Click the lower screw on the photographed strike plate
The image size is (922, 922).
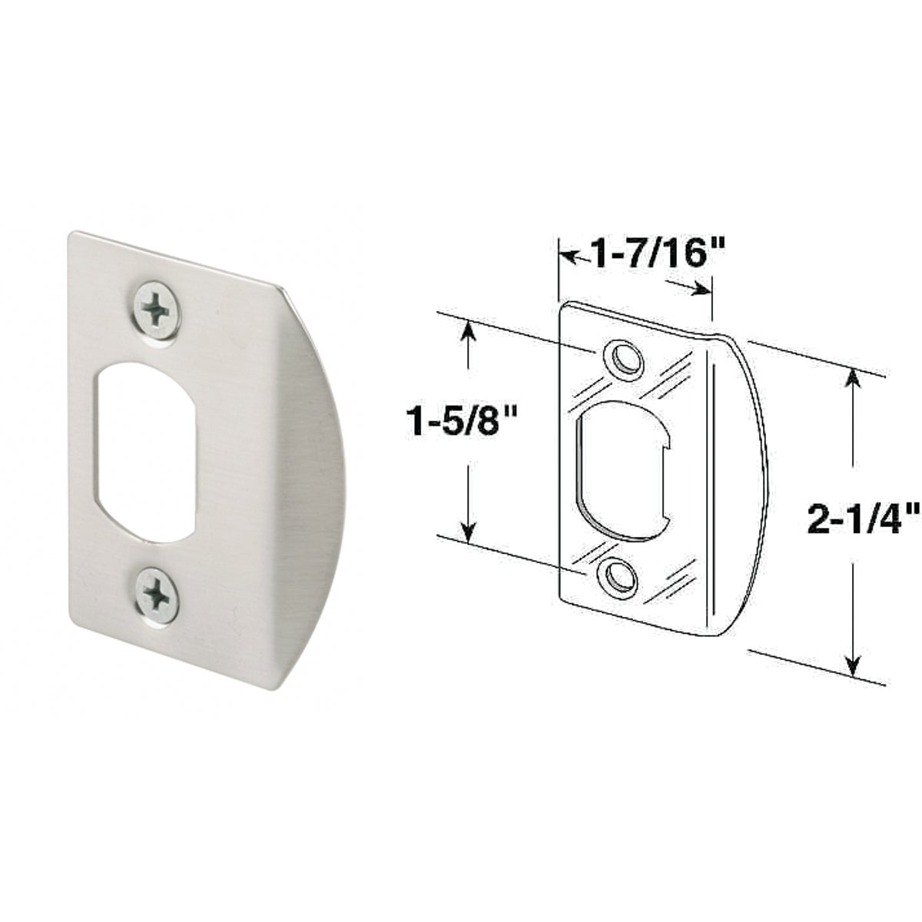tap(157, 597)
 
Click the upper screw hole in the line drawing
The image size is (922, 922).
tap(624, 358)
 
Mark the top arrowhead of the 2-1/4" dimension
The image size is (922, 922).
tap(853, 380)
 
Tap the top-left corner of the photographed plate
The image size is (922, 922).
tap(71, 234)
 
